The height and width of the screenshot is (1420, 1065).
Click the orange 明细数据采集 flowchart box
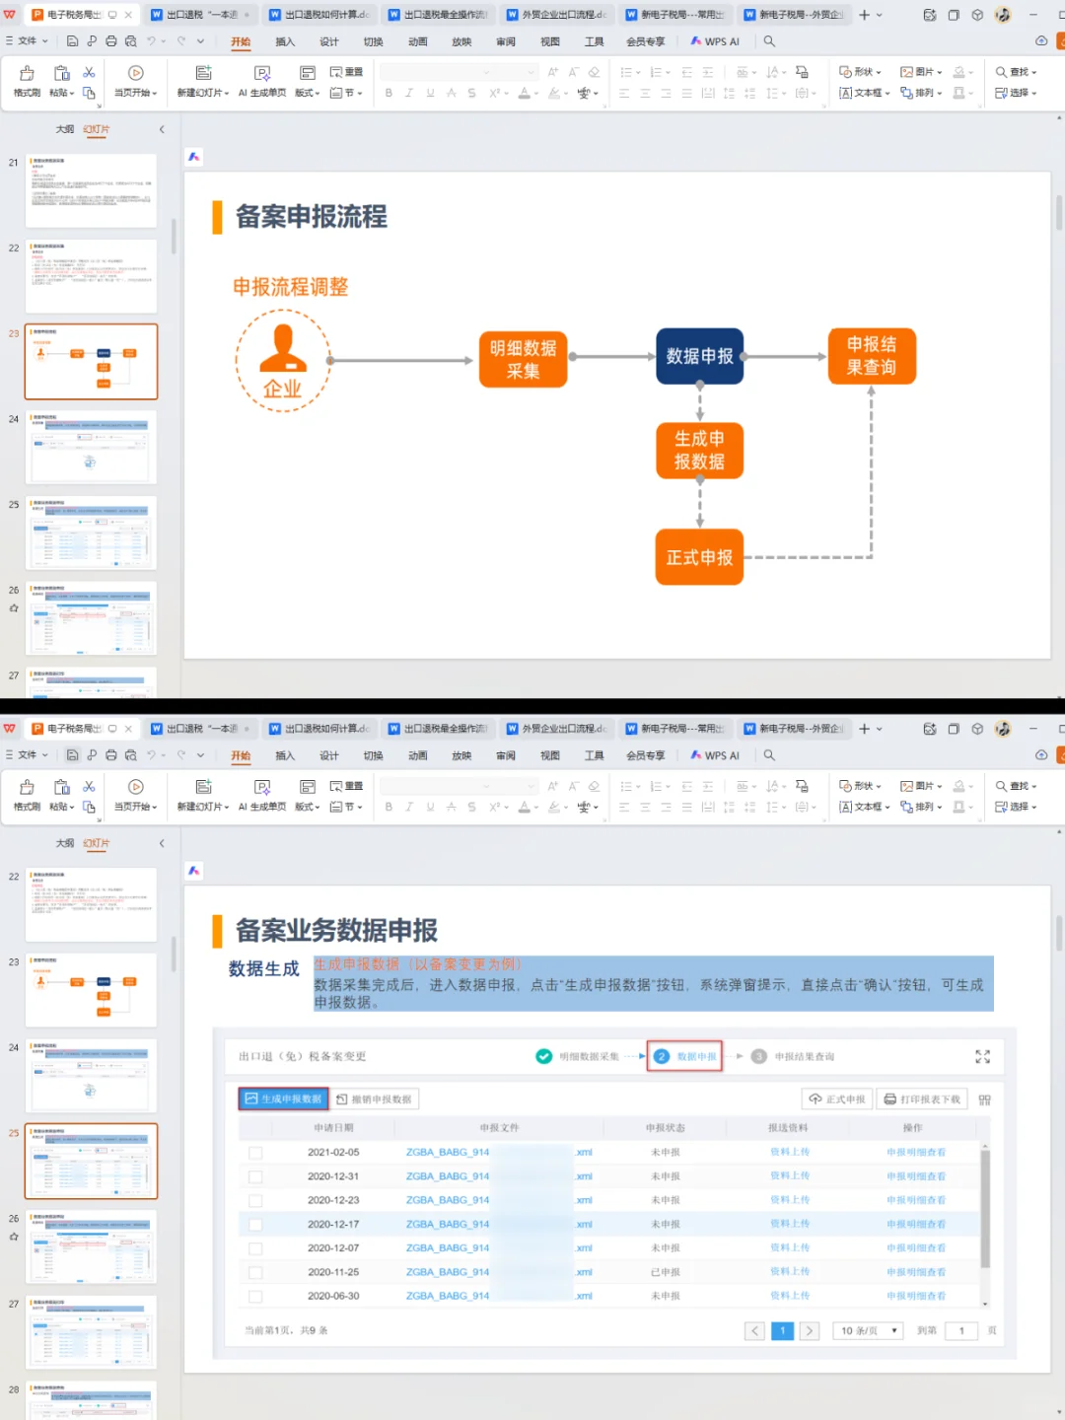523,360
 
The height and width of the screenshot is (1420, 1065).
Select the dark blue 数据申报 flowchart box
699,356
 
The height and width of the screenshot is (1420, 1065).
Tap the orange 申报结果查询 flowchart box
872,356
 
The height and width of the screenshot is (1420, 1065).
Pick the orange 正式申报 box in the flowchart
699,557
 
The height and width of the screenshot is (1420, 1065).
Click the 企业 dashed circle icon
283,361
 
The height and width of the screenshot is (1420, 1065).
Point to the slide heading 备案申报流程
311,217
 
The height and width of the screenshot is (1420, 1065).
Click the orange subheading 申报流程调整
290,287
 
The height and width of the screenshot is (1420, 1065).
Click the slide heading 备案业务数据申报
336,930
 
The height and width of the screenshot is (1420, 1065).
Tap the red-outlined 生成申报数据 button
284,1099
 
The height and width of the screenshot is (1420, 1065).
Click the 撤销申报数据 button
375,1099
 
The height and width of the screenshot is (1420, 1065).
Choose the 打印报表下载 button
922,1099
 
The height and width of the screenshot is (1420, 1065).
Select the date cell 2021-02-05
333,1152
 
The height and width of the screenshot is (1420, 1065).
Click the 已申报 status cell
666,1272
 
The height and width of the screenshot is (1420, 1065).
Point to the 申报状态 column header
666,1127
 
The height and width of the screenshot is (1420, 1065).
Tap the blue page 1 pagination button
782,1330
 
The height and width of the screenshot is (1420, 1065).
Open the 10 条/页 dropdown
868,1330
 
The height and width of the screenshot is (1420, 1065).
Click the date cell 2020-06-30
333,1296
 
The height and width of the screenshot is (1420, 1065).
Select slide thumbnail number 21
91,190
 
